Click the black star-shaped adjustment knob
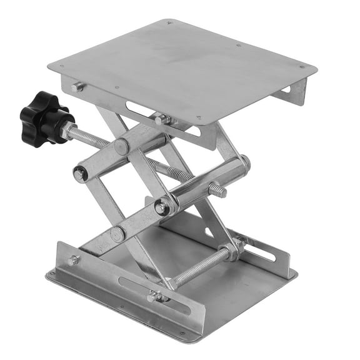42,116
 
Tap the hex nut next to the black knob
67,129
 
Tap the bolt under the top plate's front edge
161,119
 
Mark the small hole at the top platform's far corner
169,22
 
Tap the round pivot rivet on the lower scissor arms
117,234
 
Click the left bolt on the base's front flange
74,260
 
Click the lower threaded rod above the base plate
200,266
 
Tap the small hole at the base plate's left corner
53,274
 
